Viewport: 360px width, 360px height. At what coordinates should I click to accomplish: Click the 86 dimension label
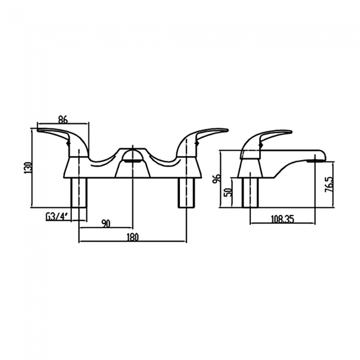(x=63, y=119)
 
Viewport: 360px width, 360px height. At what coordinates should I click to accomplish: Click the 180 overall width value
(x=132, y=238)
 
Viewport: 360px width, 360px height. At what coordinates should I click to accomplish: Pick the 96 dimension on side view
(x=218, y=178)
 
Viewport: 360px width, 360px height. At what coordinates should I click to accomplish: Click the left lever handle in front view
(x=58, y=134)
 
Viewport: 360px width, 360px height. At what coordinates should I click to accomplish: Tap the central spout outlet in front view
(x=132, y=160)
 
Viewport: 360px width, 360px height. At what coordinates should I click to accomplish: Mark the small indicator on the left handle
(x=70, y=145)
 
